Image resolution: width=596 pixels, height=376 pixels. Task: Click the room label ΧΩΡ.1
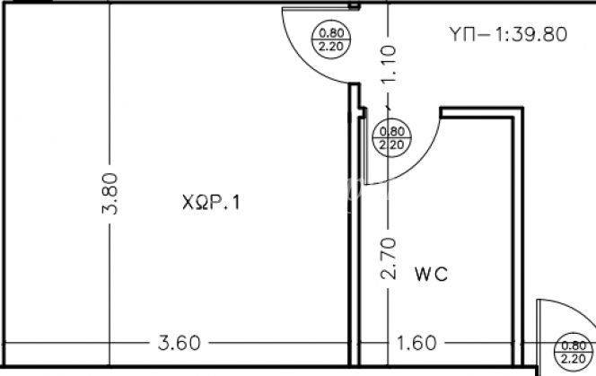pos(211,202)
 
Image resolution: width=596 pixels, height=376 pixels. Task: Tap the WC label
pos(431,274)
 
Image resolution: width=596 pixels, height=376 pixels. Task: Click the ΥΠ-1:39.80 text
pos(508,34)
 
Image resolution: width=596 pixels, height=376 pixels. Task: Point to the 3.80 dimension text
pos(110,194)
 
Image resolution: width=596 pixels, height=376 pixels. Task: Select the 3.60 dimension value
pos(179,343)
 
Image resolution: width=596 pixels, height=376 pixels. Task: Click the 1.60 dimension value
pos(416,343)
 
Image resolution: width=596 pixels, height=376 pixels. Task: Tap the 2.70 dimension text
pos(388,258)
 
